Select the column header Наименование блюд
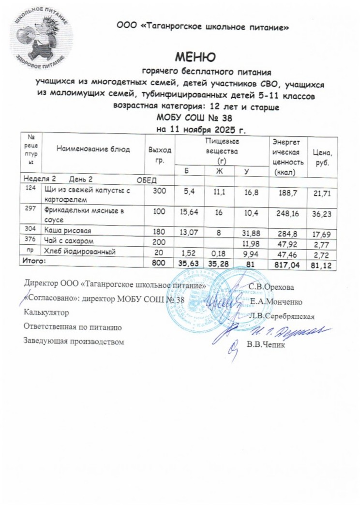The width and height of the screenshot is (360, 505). [93, 149]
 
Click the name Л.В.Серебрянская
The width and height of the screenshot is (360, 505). [282, 317]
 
